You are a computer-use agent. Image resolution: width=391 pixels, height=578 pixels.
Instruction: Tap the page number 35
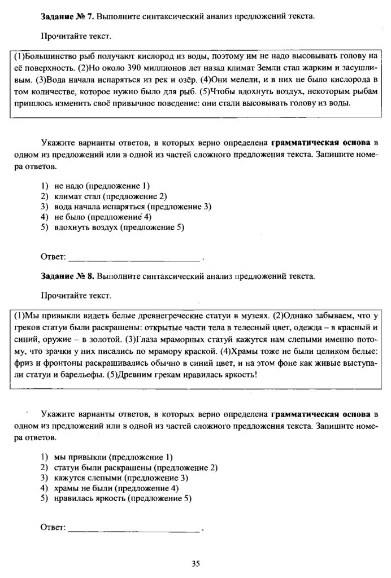click(x=196, y=563)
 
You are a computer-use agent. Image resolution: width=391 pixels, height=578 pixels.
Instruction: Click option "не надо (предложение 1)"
click(x=102, y=186)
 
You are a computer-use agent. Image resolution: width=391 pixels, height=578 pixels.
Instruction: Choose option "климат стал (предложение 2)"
click(x=111, y=196)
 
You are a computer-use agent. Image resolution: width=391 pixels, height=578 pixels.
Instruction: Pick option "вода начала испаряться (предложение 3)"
click(x=132, y=207)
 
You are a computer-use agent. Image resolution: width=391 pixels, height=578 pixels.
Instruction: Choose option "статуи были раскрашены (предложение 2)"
click(x=136, y=467)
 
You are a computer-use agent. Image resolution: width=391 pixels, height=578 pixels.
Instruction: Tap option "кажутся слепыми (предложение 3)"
click(x=121, y=478)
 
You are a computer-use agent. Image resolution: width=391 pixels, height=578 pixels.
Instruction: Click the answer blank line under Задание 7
click(x=134, y=260)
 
